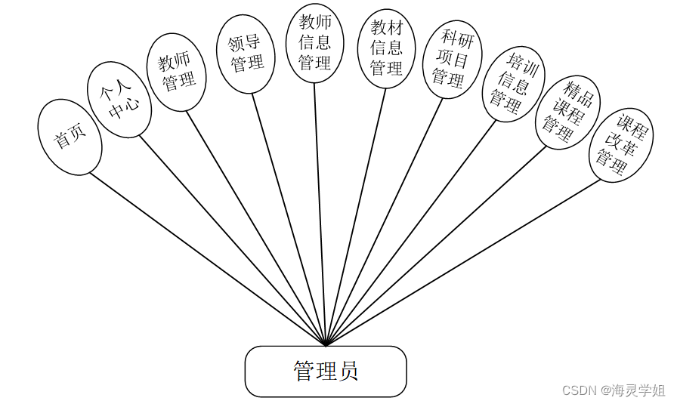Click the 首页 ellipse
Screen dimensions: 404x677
tap(70, 137)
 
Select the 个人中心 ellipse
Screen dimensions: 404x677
tap(119, 100)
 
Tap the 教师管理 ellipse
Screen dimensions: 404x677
tap(176, 72)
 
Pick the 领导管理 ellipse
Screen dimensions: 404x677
tap(246, 55)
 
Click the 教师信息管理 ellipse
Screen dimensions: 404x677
tap(315, 43)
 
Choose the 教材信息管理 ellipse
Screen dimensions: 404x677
tap(386, 48)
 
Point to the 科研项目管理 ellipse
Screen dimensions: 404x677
tap(452, 59)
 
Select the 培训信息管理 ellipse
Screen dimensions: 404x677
tap(514, 84)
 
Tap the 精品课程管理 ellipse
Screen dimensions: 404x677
tap(567, 112)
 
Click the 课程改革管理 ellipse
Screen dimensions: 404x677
tap(620, 144)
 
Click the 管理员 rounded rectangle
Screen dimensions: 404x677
tap(326, 372)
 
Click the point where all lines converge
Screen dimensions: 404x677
tap(326, 345)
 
